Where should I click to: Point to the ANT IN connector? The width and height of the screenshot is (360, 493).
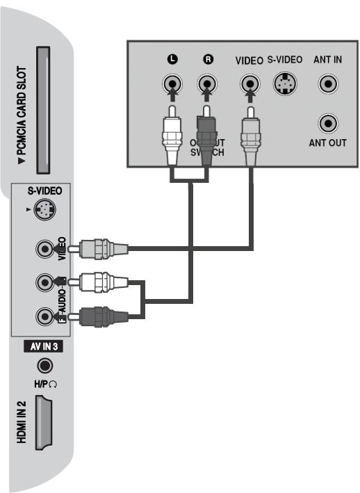click(x=327, y=85)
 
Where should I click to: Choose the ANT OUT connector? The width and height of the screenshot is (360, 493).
click(x=327, y=124)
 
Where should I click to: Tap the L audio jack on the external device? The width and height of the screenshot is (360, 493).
click(x=171, y=85)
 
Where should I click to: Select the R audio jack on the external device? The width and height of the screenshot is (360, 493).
click(x=206, y=85)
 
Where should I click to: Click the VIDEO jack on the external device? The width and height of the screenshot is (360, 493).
click(x=249, y=85)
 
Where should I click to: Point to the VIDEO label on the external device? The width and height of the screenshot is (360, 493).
click(x=249, y=60)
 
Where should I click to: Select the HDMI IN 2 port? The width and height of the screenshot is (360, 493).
click(x=42, y=424)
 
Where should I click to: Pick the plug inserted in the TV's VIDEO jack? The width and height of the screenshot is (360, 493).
click(x=101, y=247)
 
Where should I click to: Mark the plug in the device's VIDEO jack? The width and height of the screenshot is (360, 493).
click(x=249, y=136)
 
